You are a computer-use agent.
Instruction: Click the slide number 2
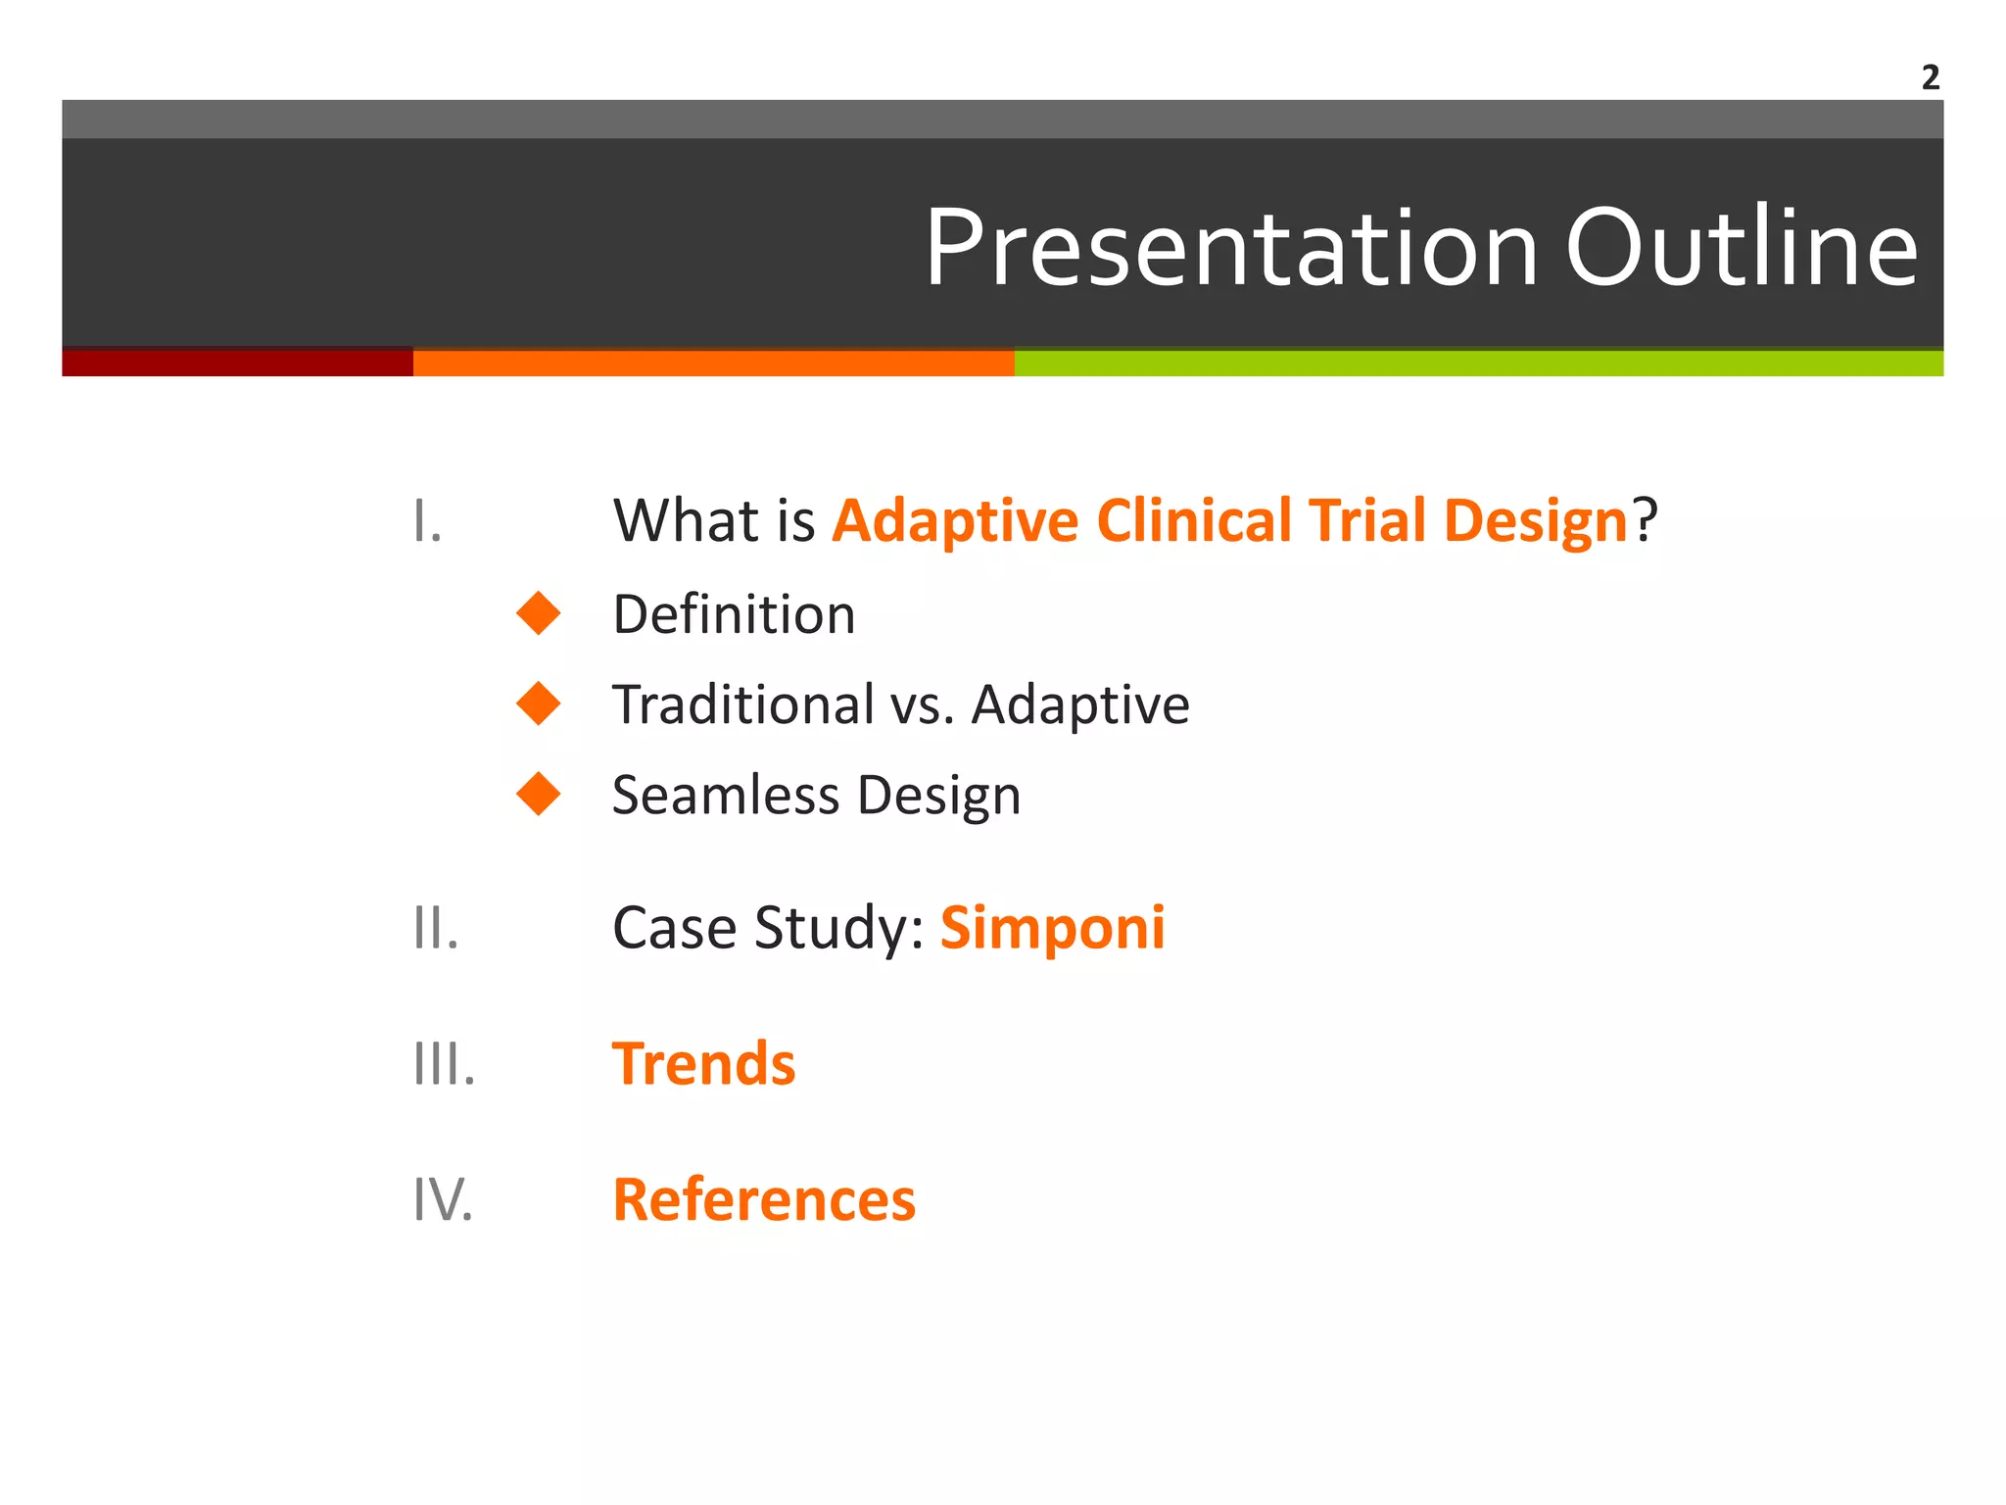click(1930, 77)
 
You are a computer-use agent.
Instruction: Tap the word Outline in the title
click(1742, 249)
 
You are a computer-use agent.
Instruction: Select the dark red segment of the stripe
click(237, 363)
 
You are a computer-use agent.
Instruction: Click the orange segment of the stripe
click(713, 363)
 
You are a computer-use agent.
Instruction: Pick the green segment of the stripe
click(1478, 363)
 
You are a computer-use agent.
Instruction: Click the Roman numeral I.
click(427, 521)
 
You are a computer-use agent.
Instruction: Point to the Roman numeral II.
click(436, 928)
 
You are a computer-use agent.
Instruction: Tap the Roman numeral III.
click(444, 1064)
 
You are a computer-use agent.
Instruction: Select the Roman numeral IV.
click(443, 1199)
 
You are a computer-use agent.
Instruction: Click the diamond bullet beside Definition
click(538, 613)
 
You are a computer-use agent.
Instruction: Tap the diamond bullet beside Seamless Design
click(538, 794)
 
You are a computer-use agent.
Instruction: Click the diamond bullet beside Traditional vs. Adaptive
click(538, 704)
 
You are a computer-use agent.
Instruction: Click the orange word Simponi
click(1052, 928)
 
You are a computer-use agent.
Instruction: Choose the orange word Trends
click(703, 1064)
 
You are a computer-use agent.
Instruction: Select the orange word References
click(764, 1199)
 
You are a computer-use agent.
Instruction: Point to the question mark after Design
click(1645, 520)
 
